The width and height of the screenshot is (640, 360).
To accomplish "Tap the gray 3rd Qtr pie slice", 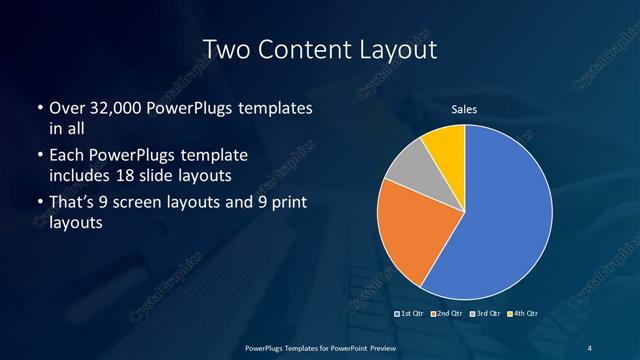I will pos(407,168).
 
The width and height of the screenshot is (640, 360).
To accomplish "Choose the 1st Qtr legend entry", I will pos(411,313).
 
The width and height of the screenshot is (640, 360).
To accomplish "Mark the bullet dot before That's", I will pos(39,204).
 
